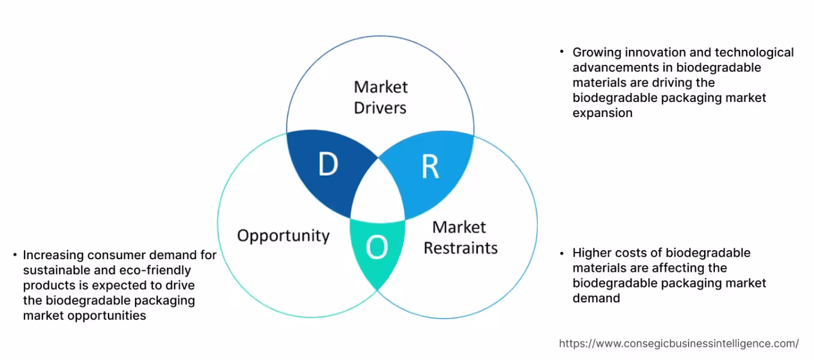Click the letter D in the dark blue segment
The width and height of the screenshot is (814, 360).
point(328,165)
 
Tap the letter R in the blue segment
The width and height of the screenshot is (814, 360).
point(430,168)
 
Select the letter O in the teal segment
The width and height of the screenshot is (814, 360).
point(376,247)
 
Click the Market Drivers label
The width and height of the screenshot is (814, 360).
point(380,97)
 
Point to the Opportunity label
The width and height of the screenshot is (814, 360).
point(283,235)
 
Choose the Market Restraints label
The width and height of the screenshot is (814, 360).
point(460,238)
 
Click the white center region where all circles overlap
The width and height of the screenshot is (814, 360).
point(378,192)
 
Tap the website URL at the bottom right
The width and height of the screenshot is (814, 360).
point(678,344)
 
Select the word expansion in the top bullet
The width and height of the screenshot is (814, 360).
point(602,113)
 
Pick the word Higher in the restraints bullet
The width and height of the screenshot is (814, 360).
point(591,253)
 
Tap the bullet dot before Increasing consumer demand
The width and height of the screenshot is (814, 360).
point(14,255)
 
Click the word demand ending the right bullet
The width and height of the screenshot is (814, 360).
point(596,298)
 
